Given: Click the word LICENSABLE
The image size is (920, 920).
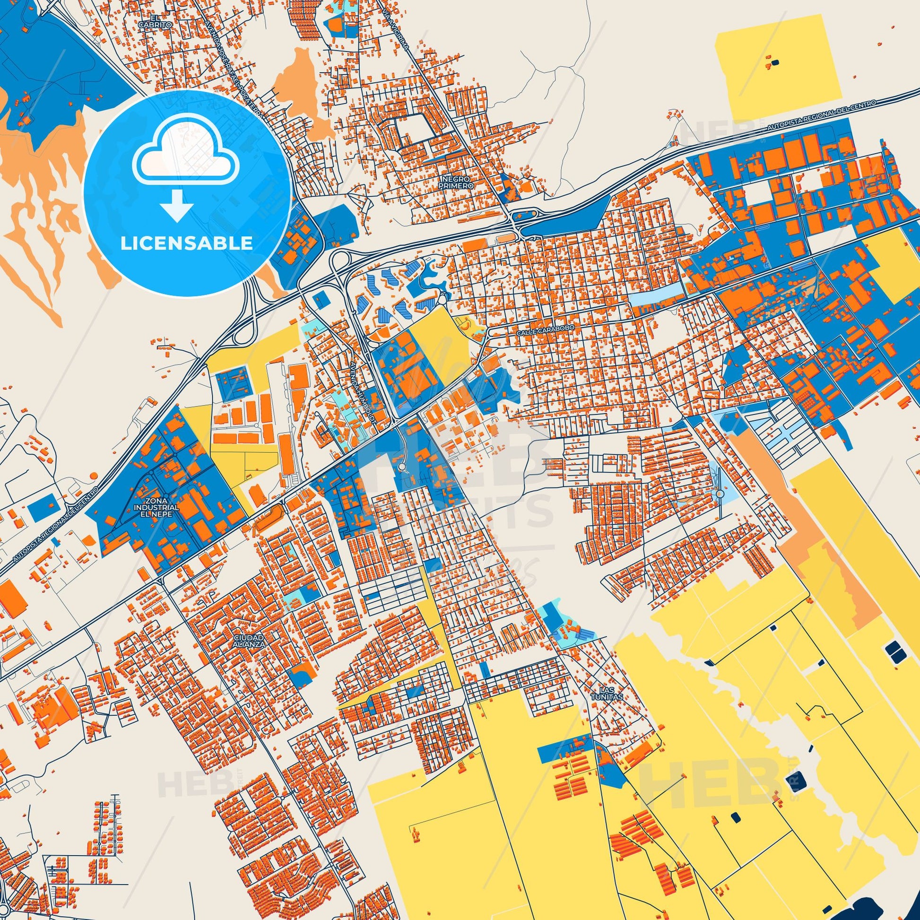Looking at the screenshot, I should coord(187,243).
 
